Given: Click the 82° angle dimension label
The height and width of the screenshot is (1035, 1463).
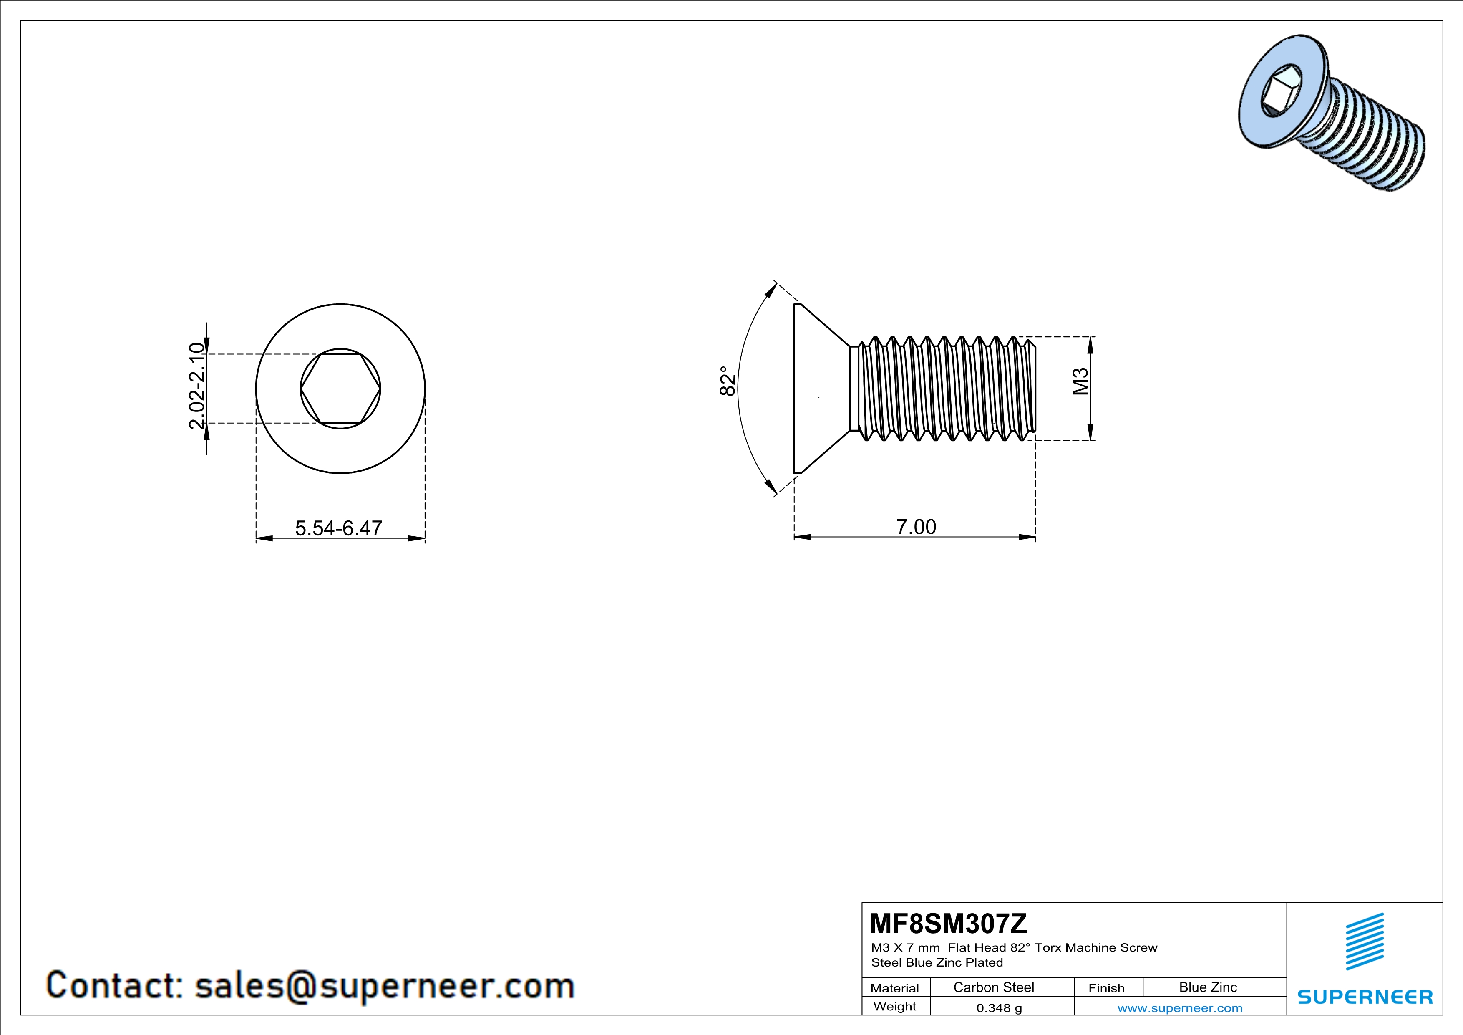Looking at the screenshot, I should (x=727, y=381).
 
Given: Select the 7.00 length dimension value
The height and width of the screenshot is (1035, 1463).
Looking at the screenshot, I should (x=916, y=527).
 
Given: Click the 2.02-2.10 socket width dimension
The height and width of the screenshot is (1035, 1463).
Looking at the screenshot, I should (x=198, y=386).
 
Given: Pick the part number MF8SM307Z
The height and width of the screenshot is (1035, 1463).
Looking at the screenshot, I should (x=948, y=924).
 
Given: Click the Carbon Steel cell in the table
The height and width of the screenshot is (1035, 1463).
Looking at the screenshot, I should (x=993, y=987).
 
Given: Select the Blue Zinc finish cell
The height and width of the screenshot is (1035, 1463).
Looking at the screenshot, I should (x=1207, y=987).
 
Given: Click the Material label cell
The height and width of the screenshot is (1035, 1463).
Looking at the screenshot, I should (x=895, y=988).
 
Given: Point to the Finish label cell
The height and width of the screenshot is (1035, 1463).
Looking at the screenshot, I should (x=1106, y=988).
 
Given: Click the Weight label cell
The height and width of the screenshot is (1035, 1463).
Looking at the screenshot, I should (x=895, y=1007).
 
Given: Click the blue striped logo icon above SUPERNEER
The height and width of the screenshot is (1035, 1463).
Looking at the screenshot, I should (x=1364, y=942).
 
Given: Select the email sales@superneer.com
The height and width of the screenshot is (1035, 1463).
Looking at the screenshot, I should (x=384, y=985).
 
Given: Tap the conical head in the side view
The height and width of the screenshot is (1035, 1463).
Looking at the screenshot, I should (x=819, y=389).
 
